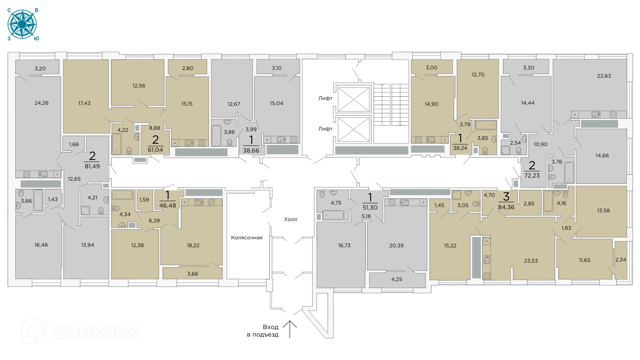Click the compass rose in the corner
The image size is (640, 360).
[22, 24]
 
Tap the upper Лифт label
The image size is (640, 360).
[325, 98]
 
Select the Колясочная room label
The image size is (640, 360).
[247, 238]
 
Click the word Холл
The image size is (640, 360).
[291, 219]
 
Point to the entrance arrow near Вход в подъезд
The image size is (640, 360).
[290, 329]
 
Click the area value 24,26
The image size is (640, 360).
[41, 103]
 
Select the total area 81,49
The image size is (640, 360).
[92, 166]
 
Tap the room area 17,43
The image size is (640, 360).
[84, 103]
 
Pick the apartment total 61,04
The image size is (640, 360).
[155, 150]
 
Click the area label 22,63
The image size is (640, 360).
[604, 76]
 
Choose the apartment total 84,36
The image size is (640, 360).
[506, 207]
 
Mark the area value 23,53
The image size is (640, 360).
[531, 261]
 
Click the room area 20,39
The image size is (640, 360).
[396, 246]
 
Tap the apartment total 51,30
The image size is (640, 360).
[370, 208]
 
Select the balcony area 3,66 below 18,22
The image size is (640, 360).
[193, 274]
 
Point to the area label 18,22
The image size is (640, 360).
[193, 246]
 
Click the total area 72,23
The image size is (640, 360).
[532, 176]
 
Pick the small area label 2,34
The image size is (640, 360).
[621, 260]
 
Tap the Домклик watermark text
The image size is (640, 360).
[95, 332]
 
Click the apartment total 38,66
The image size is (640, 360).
[251, 151]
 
